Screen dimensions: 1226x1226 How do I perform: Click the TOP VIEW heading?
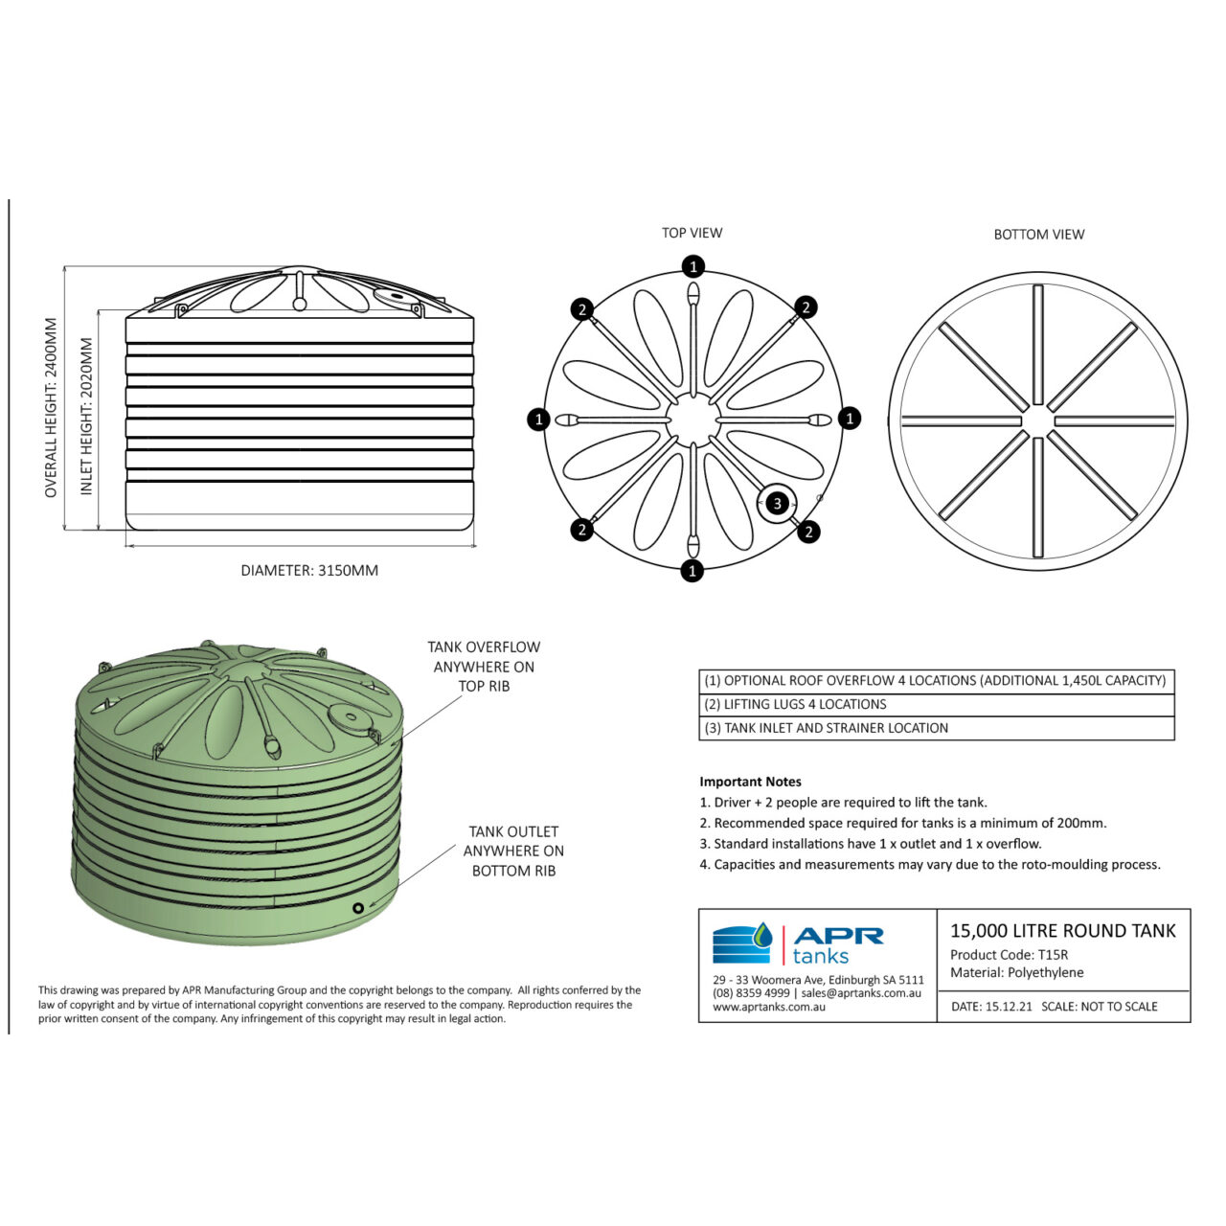coord(692,233)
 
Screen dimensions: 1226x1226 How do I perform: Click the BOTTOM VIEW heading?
coord(1038,235)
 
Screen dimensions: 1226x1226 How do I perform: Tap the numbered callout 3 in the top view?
coord(777,503)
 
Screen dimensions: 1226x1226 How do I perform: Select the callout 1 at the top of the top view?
coord(693,266)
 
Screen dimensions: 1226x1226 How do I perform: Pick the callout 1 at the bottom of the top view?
coord(692,571)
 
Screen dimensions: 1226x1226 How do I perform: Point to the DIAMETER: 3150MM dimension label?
coord(309,571)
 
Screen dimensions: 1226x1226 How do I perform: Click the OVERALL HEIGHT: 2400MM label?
coord(52,408)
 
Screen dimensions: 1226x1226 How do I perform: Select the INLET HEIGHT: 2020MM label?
coord(87,417)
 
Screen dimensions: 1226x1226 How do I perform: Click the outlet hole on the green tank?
coord(358,908)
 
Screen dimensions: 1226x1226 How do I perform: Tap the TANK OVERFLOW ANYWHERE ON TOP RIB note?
coord(484,667)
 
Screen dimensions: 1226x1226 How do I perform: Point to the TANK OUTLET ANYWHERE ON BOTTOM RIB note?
coord(513,851)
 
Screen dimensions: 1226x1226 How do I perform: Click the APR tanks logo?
coord(798,943)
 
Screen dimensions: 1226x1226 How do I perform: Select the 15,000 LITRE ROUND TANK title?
coord(1062,931)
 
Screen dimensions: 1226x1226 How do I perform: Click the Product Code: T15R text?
coord(1009,955)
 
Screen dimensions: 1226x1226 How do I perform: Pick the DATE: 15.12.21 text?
coord(991,1007)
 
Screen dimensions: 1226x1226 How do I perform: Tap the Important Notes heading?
coord(750,782)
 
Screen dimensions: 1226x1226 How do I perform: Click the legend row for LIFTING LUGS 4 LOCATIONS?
coord(796,705)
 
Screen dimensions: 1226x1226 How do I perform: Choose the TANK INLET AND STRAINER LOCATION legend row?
coord(827,729)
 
